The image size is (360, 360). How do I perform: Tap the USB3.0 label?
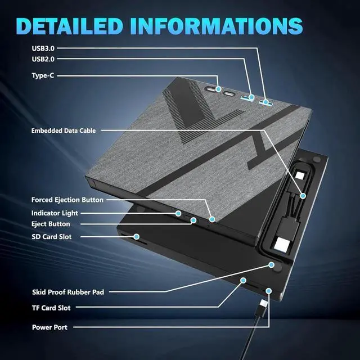43,48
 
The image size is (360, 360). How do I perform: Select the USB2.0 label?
43,58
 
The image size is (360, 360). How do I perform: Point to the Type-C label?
43,75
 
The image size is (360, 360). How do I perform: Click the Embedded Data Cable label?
64,130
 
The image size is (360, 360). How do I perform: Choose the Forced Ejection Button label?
67,199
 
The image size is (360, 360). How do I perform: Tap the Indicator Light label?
55,213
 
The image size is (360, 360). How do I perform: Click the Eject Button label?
51,223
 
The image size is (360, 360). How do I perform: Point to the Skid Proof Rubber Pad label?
67,292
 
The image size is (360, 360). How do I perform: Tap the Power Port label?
49,327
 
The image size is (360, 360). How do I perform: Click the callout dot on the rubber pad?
271,265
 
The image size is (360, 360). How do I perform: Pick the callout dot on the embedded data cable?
303,196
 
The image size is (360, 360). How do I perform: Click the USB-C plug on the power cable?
263,309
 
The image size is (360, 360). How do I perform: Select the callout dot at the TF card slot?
244,280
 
